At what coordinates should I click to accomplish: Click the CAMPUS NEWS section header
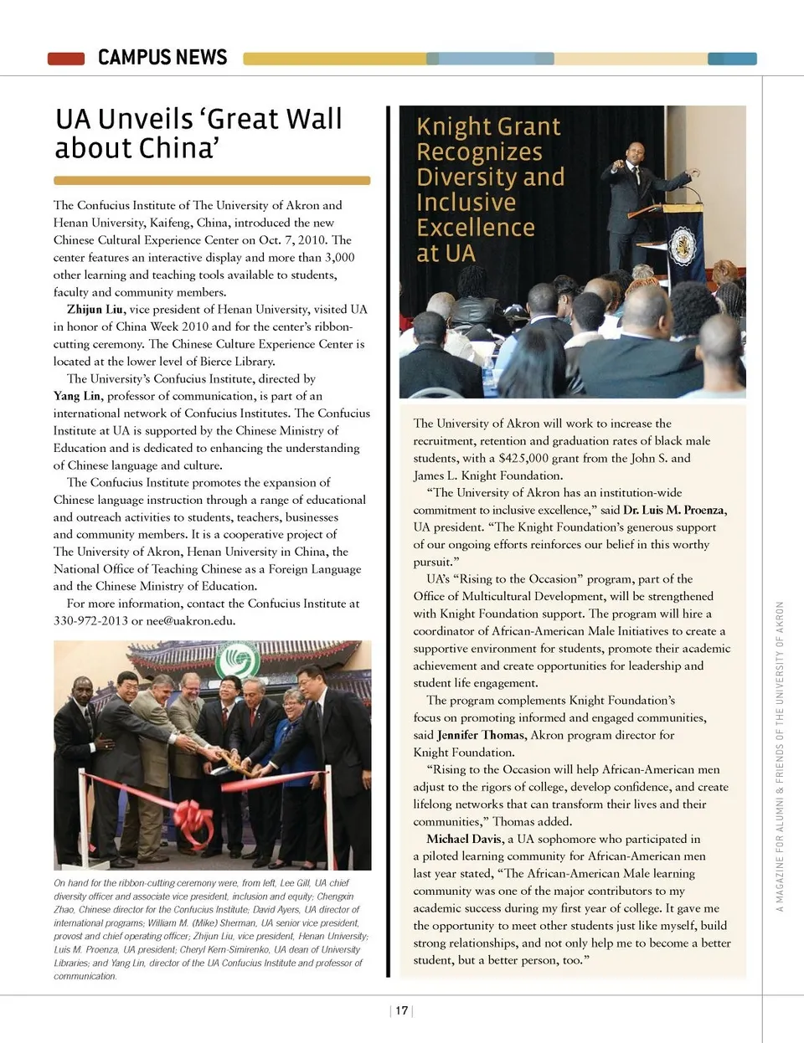tap(162, 57)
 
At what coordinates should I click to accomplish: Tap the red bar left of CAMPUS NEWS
tap(66, 59)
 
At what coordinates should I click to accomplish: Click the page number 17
tap(402, 1010)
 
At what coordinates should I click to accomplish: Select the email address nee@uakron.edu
tap(191, 621)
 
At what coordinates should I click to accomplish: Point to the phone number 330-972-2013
tap(90, 621)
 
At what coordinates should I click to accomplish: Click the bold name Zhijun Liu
tap(95, 310)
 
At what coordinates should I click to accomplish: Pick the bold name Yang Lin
tap(77, 396)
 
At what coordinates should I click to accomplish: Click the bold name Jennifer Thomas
tap(481, 735)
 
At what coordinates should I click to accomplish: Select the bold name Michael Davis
tap(464, 839)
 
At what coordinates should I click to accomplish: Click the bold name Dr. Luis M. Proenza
tap(674, 510)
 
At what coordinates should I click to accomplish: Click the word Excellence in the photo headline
tap(476, 228)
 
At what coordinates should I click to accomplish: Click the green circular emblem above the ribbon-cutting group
tap(237, 660)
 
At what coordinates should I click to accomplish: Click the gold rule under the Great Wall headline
tap(212, 180)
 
